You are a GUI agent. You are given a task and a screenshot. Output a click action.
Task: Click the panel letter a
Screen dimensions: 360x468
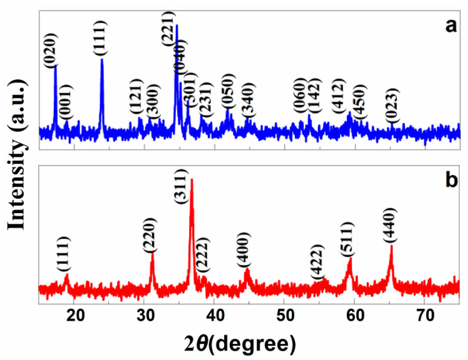pyautogui.click(x=451, y=26)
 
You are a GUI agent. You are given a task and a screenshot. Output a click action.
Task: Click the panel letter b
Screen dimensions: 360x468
pyautogui.click(x=451, y=180)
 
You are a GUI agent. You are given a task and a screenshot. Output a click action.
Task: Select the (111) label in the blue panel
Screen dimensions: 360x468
pyautogui.click(x=100, y=38)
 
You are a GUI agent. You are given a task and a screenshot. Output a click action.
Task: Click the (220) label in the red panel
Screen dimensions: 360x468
pyautogui.click(x=149, y=235)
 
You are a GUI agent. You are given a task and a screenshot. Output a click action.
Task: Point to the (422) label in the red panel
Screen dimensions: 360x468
pyautogui.click(x=318, y=262)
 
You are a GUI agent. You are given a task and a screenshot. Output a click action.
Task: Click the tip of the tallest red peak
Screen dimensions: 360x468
pyautogui.click(x=192, y=180)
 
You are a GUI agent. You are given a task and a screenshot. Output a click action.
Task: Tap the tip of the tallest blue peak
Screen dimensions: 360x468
pyautogui.click(x=177, y=25)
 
